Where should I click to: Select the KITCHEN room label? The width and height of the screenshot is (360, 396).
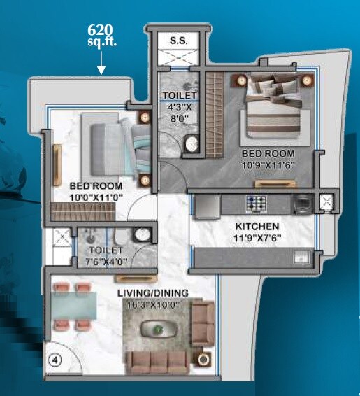point(257,227)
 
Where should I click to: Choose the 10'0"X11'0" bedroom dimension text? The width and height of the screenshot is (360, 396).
point(96,198)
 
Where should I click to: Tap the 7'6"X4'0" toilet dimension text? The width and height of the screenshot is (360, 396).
point(106,261)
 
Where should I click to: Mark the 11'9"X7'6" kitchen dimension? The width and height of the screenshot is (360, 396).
point(257,238)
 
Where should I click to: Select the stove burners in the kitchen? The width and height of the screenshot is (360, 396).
point(254,203)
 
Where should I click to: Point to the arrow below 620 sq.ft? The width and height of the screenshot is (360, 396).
point(101,65)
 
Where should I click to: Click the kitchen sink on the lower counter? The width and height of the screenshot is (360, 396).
point(302,256)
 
